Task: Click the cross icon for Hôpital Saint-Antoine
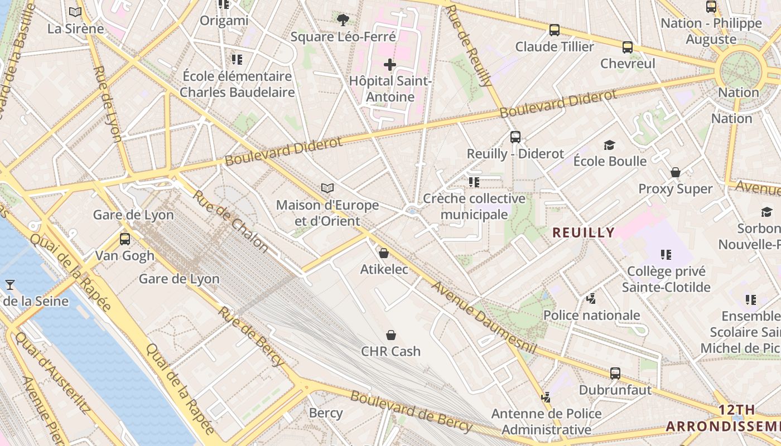[x=390, y=65]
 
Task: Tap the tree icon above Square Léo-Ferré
[x=343, y=21]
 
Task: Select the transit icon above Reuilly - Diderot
[x=515, y=137]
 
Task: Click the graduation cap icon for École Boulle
[x=609, y=145]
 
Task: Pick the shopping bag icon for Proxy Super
[x=676, y=172]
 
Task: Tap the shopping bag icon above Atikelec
[x=384, y=253]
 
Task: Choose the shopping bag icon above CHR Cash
[x=391, y=335]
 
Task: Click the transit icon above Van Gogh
[x=125, y=239]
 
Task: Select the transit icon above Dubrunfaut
[x=615, y=374]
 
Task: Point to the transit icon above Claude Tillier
[x=555, y=30]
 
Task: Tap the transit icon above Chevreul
[x=628, y=47]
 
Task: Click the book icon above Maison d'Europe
[x=327, y=188]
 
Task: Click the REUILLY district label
[x=584, y=232]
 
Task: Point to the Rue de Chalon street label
[x=230, y=221]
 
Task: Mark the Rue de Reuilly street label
[x=470, y=46]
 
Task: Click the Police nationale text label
[x=591, y=315]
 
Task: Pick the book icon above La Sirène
[x=75, y=12]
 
